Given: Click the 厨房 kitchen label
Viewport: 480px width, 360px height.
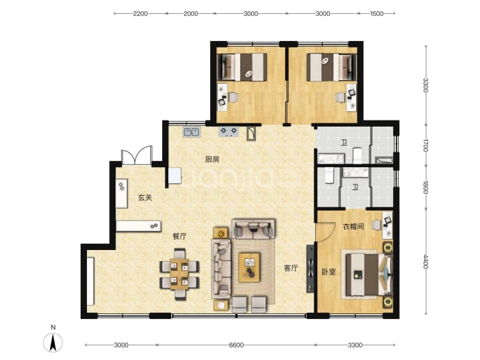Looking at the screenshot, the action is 212,159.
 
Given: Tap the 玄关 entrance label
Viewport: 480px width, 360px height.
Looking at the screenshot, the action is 145,198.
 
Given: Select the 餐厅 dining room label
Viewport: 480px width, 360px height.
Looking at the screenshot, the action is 179,237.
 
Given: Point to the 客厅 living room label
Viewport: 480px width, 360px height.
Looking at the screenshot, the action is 291,268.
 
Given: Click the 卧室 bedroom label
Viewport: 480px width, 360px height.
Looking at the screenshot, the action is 329,272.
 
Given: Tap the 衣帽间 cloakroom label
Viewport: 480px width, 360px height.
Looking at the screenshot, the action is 353,227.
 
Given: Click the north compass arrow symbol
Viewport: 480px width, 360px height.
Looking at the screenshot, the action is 53,342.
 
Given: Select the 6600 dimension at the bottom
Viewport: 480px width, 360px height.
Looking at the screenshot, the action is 237,345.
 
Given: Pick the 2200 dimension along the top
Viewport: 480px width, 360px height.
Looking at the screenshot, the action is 141,13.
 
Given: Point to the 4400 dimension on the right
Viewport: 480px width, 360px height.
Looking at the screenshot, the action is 426,261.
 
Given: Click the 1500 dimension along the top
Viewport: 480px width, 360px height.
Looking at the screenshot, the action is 376,13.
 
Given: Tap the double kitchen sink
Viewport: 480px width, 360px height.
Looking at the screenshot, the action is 191,132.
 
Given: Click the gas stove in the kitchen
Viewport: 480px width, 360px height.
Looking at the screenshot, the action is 228,132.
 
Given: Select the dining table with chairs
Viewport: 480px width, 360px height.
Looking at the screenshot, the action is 179,274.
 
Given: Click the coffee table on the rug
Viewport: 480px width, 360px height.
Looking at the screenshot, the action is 249,267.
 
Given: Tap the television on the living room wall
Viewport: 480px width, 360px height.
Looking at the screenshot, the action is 310,268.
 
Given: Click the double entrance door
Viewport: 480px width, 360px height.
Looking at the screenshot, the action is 136,156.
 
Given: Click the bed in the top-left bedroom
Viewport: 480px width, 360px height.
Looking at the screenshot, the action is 242,68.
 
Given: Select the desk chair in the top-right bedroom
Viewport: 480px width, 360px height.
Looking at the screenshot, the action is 340,97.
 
